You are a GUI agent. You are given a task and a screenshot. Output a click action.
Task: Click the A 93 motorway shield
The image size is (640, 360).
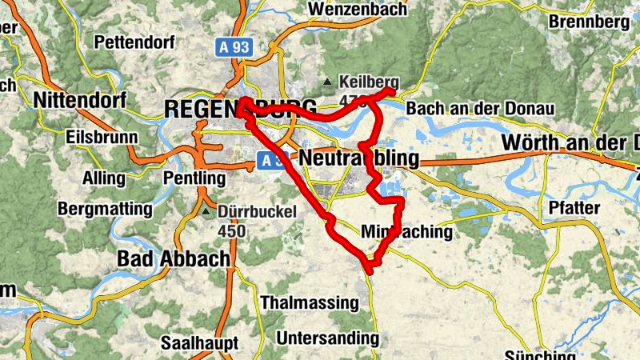(x=234, y=47)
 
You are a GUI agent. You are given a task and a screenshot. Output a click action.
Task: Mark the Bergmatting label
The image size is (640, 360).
(x=104, y=210)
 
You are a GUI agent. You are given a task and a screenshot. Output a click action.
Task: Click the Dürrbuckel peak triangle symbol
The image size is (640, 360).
(x=206, y=213)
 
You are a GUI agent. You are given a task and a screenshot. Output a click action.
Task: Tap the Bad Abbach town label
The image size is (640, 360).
(x=173, y=259)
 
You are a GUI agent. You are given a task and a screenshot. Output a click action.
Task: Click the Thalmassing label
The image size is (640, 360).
(x=310, y=302)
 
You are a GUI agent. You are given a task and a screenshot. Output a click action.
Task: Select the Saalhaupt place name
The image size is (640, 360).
(x=199, y=342)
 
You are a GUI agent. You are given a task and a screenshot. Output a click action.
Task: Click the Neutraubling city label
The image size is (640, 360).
(x=359, y=159)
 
